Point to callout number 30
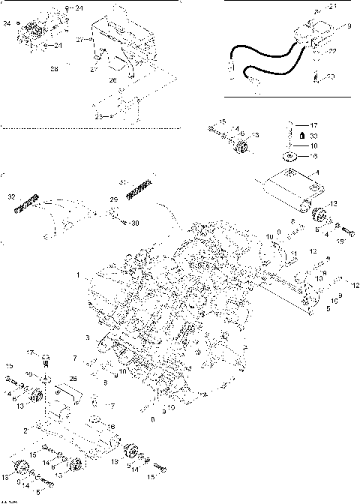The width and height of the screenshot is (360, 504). [x=136, y=223]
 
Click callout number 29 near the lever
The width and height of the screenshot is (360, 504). [x=114, y=200]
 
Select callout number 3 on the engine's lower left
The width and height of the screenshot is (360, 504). [x=87, y=338]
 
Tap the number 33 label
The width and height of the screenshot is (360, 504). [x=314, y=136]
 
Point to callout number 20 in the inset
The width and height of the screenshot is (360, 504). [x=332, y=76]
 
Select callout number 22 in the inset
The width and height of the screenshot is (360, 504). [x=332, y=51]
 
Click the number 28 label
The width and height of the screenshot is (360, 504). [x=54, y=69]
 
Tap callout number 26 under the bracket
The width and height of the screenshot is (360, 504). [x=113, y=79]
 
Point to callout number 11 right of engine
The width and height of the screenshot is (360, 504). [x=295, y=253]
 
